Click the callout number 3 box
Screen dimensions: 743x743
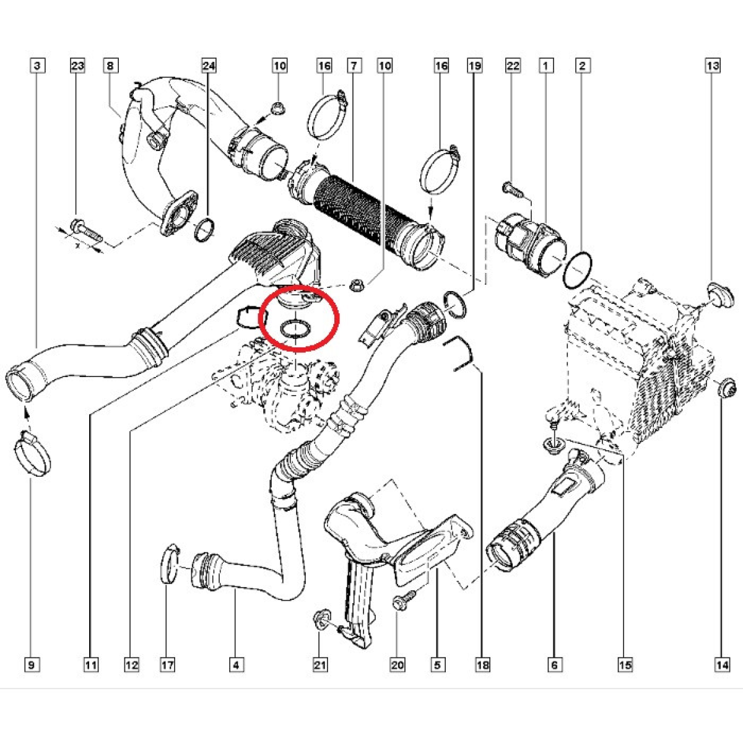(x=37, y=66)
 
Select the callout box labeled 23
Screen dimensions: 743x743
(x=77, y=66)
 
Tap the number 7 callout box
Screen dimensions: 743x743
(x=354, y=66)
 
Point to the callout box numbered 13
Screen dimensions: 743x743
(x=713, y=66)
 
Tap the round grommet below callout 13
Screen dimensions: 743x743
(x=720, y=296)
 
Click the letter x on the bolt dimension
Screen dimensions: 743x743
(x=77, y=246)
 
